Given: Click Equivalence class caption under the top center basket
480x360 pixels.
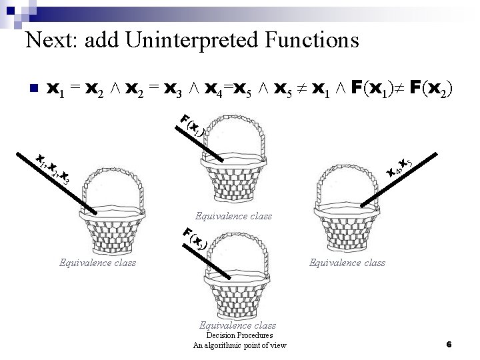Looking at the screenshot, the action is click(x=233, y=216).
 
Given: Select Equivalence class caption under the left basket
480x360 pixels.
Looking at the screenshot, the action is click(x=97, y=263).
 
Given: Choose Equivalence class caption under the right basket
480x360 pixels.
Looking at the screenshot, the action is click(x=347, y=263).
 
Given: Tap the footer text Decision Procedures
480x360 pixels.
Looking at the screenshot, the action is click(x=239, y=335).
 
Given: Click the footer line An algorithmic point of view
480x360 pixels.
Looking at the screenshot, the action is click(x=239, y=345).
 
